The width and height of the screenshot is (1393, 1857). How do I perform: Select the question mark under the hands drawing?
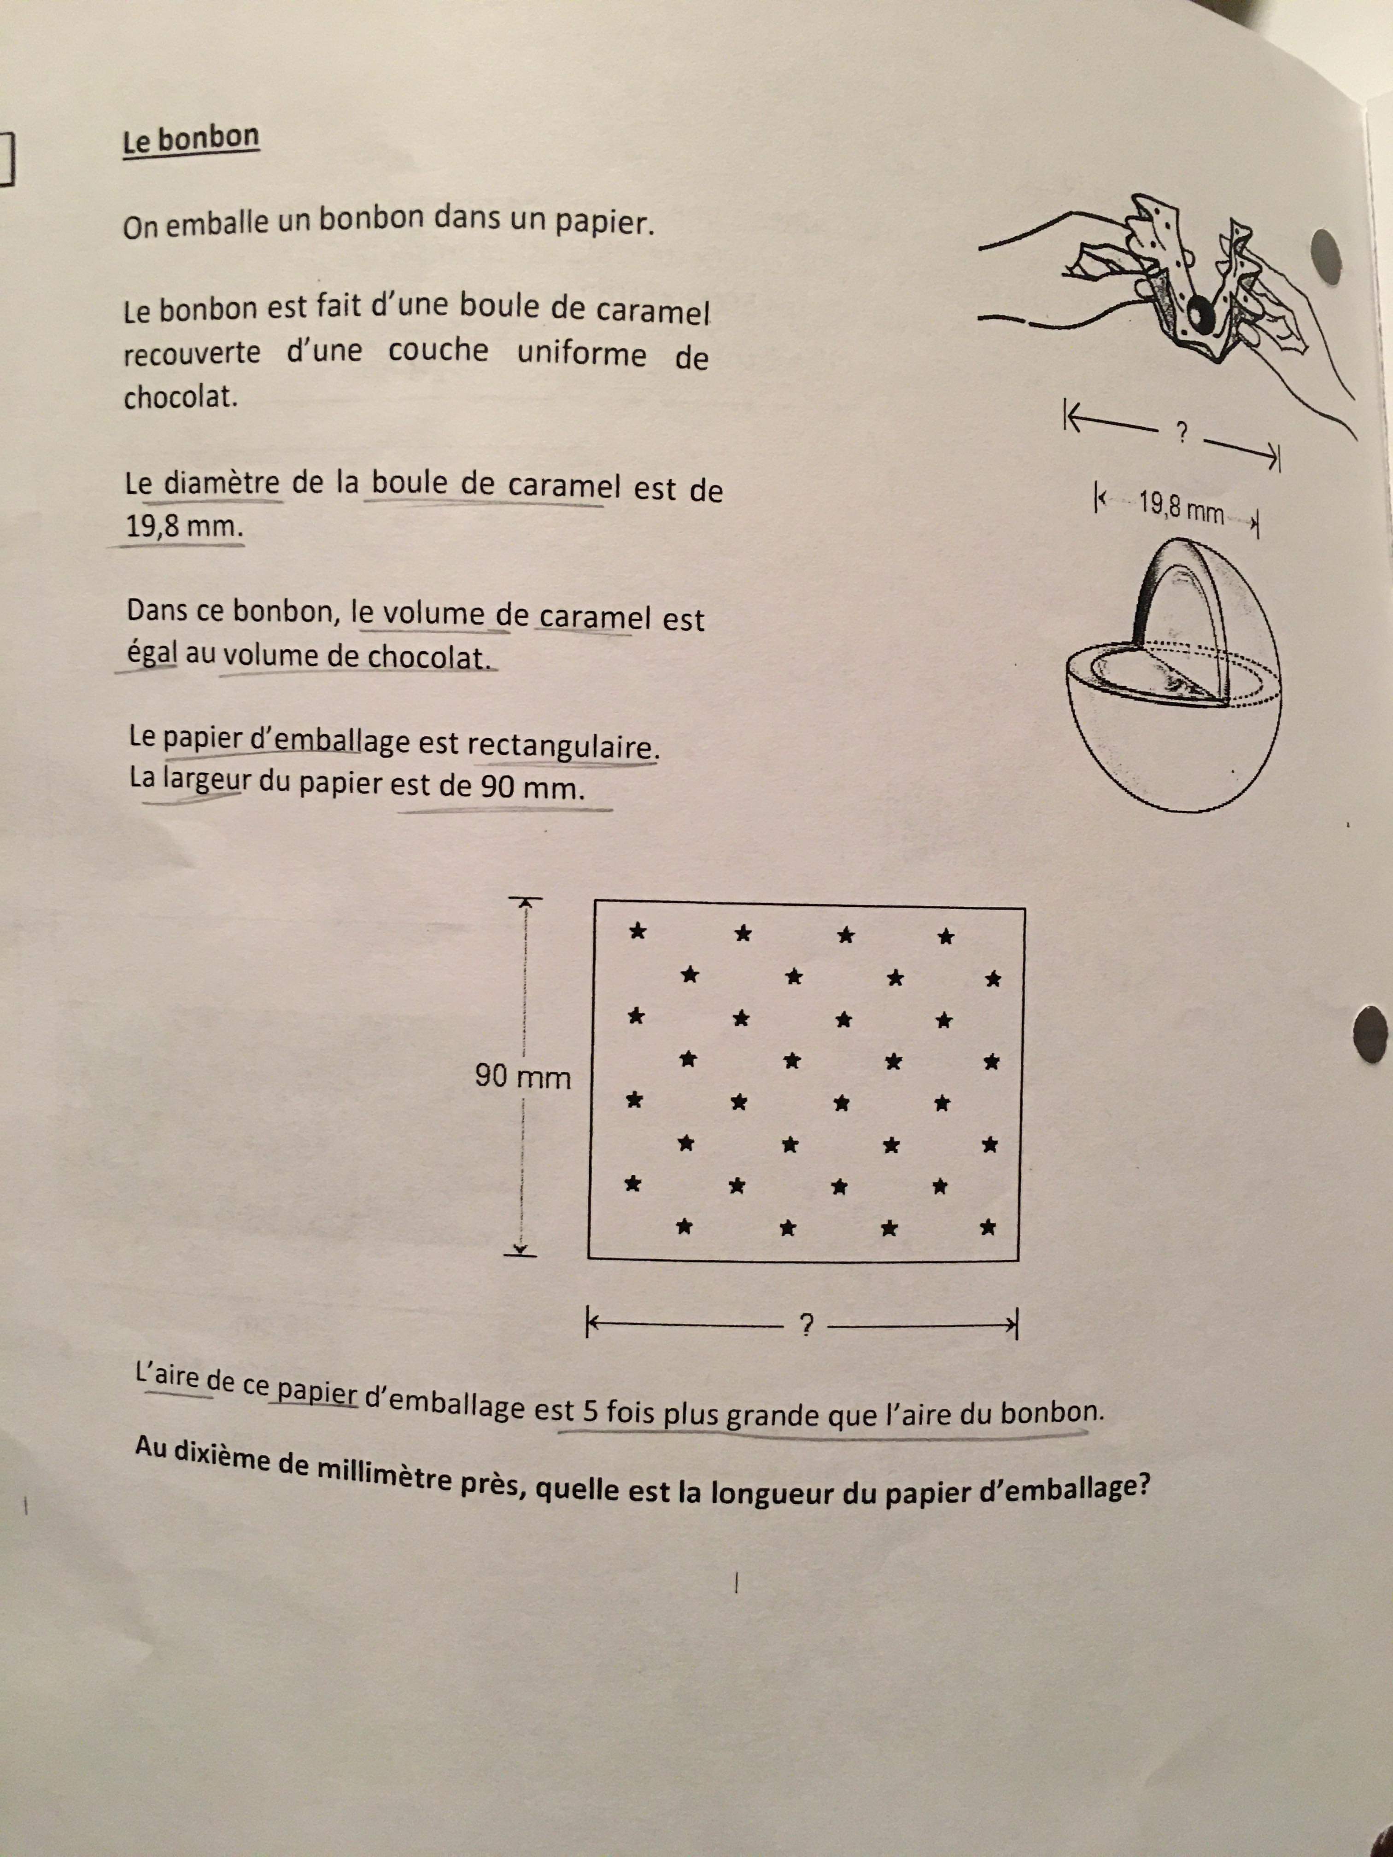1182,433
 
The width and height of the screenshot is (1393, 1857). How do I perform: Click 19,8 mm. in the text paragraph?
184,527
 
